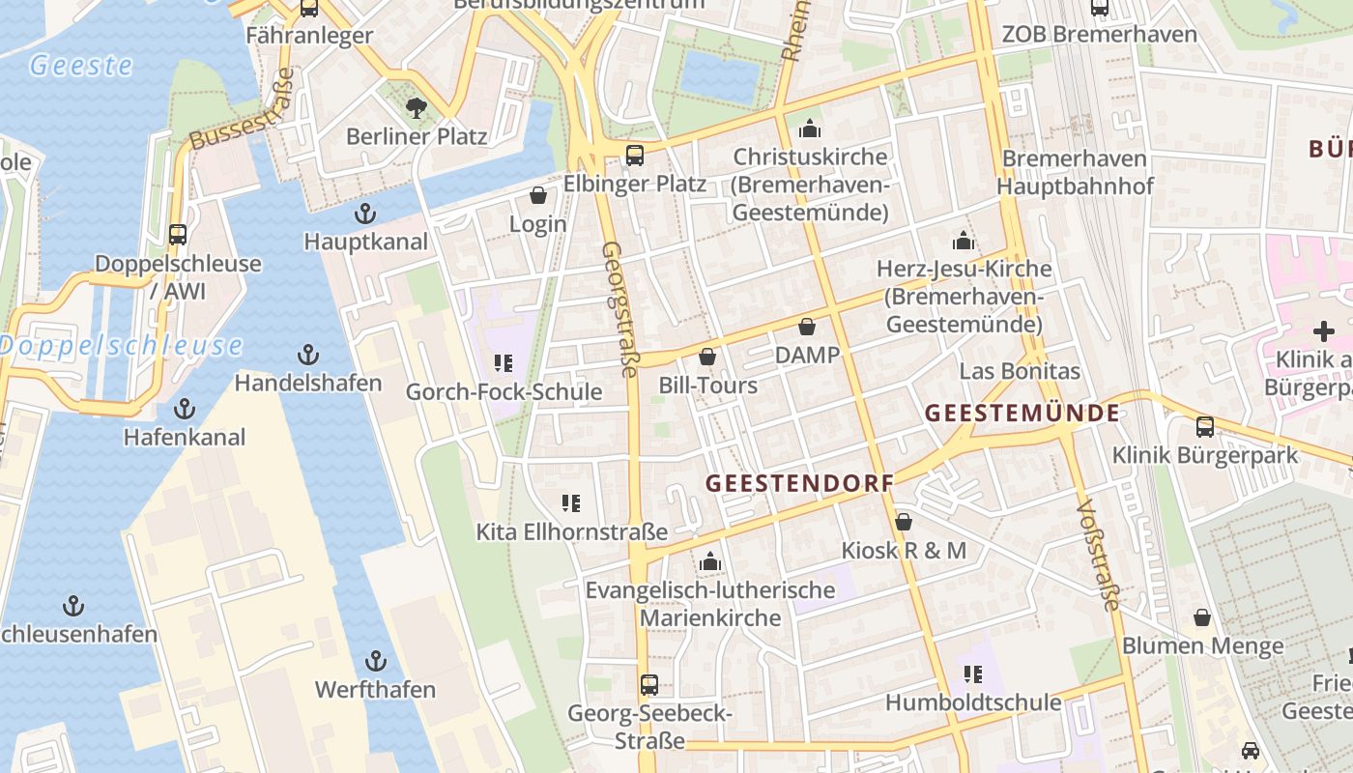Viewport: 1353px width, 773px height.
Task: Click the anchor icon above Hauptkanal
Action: (365, 214)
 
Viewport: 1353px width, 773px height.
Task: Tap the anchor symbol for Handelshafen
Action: (308, 355)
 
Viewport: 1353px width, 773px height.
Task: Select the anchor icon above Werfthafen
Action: (376, 662)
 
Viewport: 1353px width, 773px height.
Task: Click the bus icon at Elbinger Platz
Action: (635, 156)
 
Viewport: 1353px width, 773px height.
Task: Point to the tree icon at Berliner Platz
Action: (417, 108)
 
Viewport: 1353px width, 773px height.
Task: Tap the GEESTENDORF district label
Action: (799, 483)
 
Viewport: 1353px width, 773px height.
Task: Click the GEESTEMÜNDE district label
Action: (1022, 414)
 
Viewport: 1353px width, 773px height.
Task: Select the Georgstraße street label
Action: (621, 309)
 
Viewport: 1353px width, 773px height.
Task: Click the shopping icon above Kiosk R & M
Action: (904, 523)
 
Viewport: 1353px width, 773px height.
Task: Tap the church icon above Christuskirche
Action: (810, 129)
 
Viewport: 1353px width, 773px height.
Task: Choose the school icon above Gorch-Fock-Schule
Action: (503, 363)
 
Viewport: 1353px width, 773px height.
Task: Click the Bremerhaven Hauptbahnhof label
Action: (1075, 172)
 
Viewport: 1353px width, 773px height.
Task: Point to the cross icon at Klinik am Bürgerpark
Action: (1323, 331)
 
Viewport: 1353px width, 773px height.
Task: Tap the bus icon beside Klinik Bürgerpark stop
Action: (1205, 426)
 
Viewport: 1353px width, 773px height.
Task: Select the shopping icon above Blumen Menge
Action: (1202, 617)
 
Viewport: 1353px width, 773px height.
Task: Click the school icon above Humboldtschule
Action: (973, 673)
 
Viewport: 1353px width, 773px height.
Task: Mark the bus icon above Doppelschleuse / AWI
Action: (178, 235)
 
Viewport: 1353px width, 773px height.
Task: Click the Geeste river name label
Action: (81, 66)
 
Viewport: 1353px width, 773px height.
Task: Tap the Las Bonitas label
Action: (1020, 371)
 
